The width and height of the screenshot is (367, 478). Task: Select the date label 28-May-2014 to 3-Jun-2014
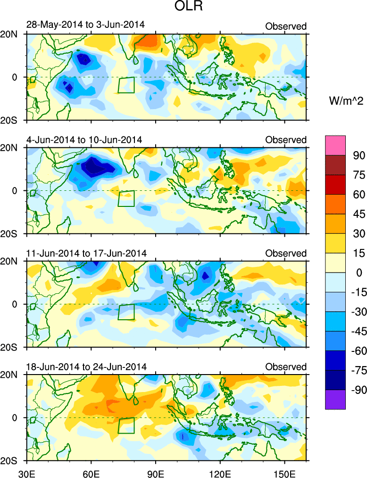click(85, 26)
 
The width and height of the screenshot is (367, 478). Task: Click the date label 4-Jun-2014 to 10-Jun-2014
click(84, 139)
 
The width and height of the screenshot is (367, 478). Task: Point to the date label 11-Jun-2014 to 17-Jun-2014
click(86, 253)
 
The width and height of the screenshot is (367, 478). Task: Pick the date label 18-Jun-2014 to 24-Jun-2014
click(86, 367)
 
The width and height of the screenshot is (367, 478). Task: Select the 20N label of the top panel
click(10, 34)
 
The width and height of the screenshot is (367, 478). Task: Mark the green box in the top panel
click(126, 85)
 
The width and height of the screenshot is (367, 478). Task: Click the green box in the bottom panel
click(126, 425)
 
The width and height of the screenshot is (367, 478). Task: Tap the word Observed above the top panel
click(286, 26)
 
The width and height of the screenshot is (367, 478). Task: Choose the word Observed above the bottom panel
click(286, 367)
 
